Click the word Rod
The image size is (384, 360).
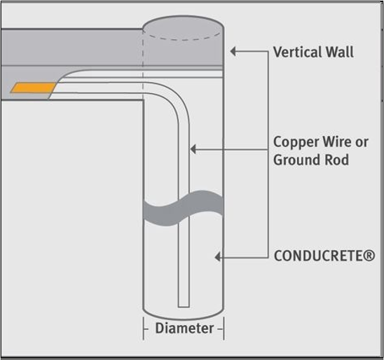[x=337, y=160]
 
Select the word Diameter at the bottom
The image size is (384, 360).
[x=184, y=328]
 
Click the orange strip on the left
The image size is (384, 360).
[x=33, y=88]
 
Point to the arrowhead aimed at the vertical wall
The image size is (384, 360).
[x=233, y=51]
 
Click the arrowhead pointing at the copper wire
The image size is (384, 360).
[x=193, y=149]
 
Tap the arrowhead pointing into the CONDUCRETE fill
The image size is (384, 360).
[x=217, y=257]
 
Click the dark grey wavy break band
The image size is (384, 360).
[x=183, y=208]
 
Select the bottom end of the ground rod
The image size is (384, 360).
[x=184, y=306]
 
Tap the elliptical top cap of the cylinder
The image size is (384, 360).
[x=183, y=27]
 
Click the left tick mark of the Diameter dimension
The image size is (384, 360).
[x=144, y=328]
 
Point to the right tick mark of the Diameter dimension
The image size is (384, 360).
[x=224, y=328]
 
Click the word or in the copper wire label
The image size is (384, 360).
[x=362, y=143]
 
